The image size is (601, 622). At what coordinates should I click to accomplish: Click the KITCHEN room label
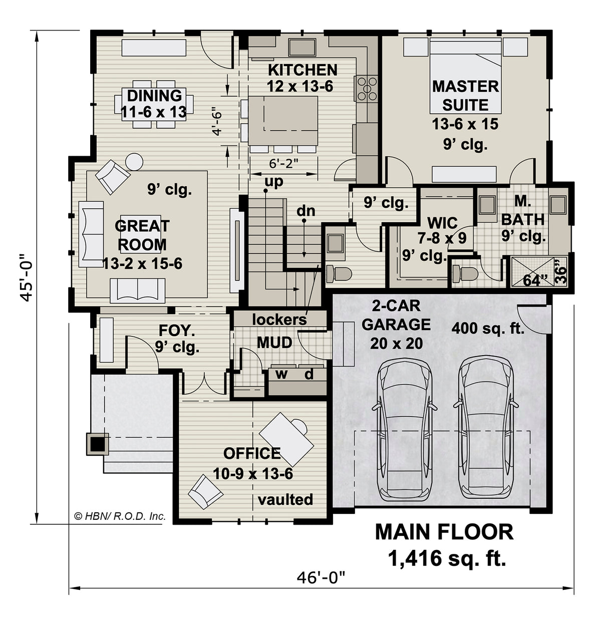point(302,70)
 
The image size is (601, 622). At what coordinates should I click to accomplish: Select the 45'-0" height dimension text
point(26,277)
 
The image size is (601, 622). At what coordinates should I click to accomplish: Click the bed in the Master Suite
point(465,76)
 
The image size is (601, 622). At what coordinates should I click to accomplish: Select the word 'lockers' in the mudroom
point(279,320)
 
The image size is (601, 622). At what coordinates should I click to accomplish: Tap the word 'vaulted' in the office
point(285,499)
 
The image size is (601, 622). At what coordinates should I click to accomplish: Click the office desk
point(286,439)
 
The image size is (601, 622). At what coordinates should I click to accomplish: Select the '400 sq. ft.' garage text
point(488,328)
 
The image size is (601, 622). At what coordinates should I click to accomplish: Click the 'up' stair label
point(274,181)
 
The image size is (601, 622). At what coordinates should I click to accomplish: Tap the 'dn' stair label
point(306,211)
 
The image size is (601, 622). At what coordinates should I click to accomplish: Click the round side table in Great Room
point(134,162)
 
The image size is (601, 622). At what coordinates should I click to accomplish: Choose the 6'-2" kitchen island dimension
point(283,163)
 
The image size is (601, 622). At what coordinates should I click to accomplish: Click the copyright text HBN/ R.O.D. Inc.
point(120,516)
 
